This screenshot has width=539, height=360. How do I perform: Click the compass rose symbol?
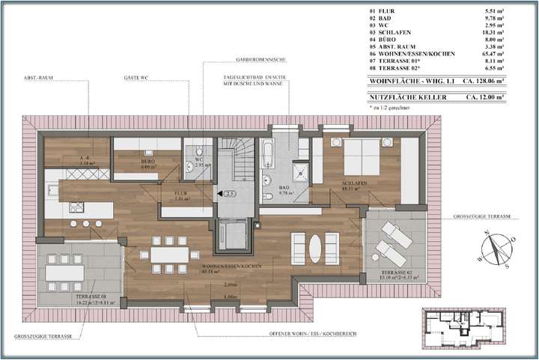click(x=495, y=248)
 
